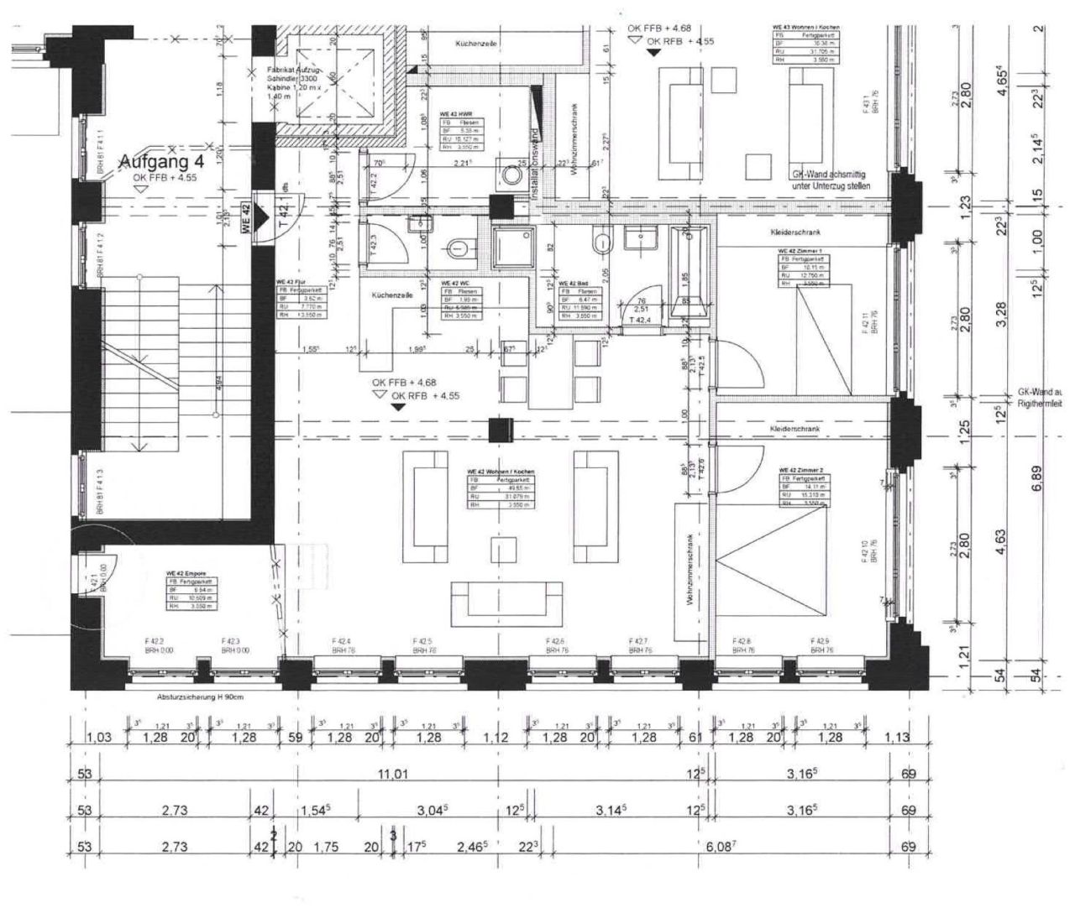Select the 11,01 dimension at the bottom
click(x=393, y=775)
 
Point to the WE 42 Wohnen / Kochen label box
click(x=501, y=487)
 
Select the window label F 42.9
click(x=821, y=644)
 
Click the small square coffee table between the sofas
click(x=504, y=550)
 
